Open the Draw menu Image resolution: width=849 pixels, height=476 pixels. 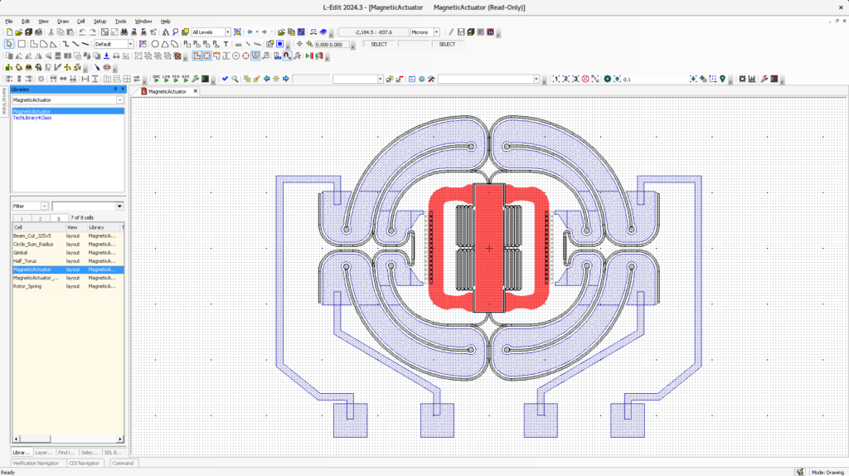pos(63,21)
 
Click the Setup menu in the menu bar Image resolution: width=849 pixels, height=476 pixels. pos(99,21)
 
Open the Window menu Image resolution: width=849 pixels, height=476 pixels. pos(143,21)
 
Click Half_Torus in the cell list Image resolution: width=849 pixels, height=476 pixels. pos(24,261)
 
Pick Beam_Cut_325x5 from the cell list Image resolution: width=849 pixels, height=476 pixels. pos(32,236)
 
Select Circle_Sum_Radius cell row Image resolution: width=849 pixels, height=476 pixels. pos(33,244)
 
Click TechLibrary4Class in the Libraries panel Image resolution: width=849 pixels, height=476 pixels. pos(32,118)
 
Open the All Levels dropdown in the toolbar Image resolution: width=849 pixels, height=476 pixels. pos(211,32)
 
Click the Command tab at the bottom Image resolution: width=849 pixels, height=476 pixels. pos(123,464)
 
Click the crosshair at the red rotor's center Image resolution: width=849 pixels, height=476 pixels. pos(489,248)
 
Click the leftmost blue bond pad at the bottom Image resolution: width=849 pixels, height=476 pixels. pos(350,420)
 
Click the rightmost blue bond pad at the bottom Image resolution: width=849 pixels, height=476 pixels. pos(628,420)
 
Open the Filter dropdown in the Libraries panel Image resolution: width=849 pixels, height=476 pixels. pos(30,206)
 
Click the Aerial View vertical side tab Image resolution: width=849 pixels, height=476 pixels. pos(4,101)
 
